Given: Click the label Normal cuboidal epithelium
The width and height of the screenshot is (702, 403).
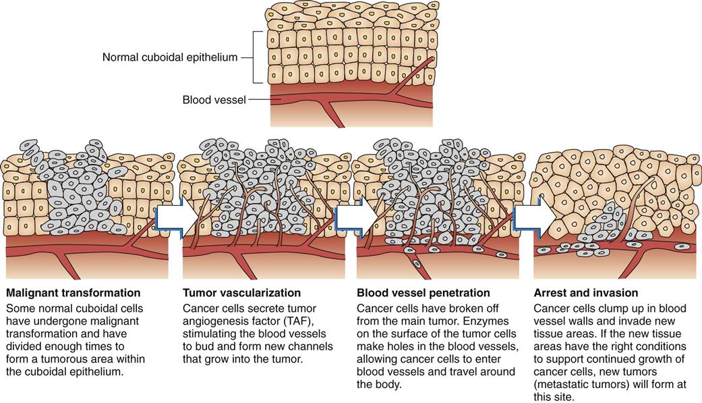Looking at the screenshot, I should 170,57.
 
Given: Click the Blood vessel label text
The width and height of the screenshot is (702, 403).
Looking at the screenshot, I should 214,101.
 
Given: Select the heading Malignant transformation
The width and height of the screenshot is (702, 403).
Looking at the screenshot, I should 73,293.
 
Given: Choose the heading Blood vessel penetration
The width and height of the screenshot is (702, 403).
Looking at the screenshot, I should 423,293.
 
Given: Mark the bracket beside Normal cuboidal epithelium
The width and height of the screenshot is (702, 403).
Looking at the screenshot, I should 255,57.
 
